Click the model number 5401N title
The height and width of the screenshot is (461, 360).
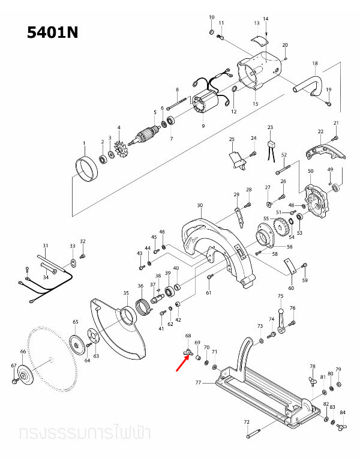[x=53, y=32]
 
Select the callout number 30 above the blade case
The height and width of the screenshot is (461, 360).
[x=199, y=205]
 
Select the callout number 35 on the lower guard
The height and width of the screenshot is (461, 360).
[x=126, y=294]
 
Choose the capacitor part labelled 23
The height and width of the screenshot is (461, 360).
[x=271, y=143]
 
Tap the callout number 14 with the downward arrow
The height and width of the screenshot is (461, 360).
[x=265, y=19]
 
